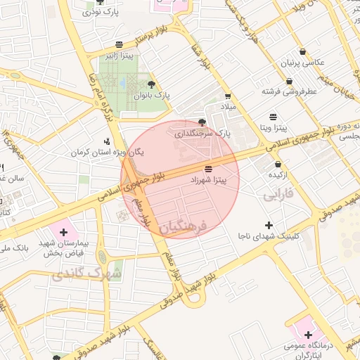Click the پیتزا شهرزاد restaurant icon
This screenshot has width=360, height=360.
click(207, 169)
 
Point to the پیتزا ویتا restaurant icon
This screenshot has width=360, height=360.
click(273, 116)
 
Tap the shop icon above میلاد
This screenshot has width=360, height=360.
click(227, 96)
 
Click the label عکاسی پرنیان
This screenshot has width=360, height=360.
click(303, 62)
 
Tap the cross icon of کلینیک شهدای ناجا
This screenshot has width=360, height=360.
click(268, 224)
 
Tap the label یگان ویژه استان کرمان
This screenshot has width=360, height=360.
click(97, 152)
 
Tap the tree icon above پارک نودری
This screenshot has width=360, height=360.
click(99, 2)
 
